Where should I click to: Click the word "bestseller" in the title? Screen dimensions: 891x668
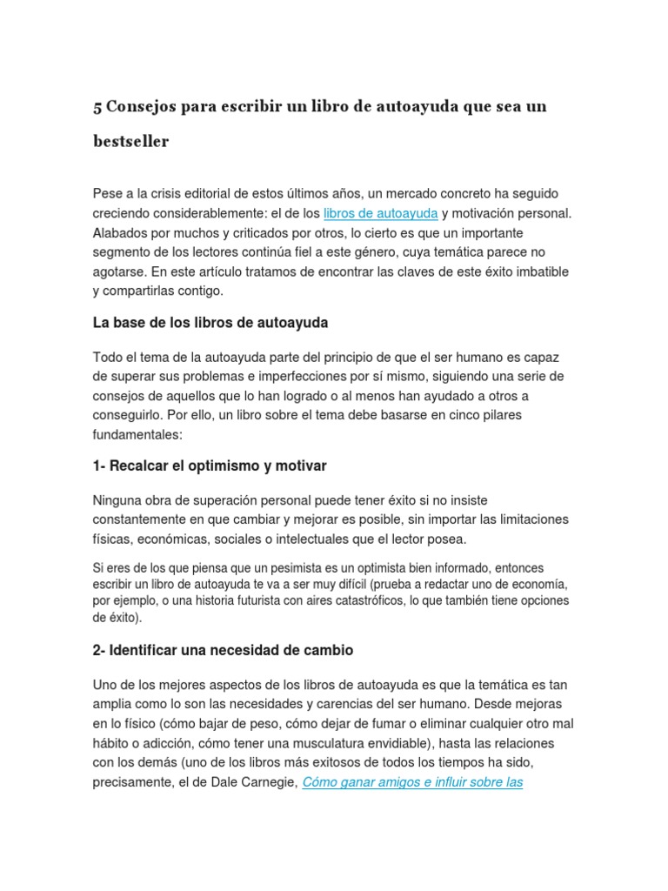tap(130, 141)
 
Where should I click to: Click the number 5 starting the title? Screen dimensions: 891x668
tap(97, 107)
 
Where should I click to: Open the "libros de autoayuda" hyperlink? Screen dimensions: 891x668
tap(380, 213)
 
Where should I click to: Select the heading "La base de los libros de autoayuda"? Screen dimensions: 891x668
tap(210, 323)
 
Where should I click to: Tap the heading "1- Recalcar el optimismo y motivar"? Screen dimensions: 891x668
tap(210, 466)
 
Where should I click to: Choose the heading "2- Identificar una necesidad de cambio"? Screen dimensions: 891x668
tap(223, 650)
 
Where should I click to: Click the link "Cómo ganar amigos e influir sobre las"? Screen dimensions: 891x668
tap(412, 781)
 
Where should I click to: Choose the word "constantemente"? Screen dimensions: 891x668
tap(141, 519)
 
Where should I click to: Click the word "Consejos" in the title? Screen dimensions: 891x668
tap(141, 107)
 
